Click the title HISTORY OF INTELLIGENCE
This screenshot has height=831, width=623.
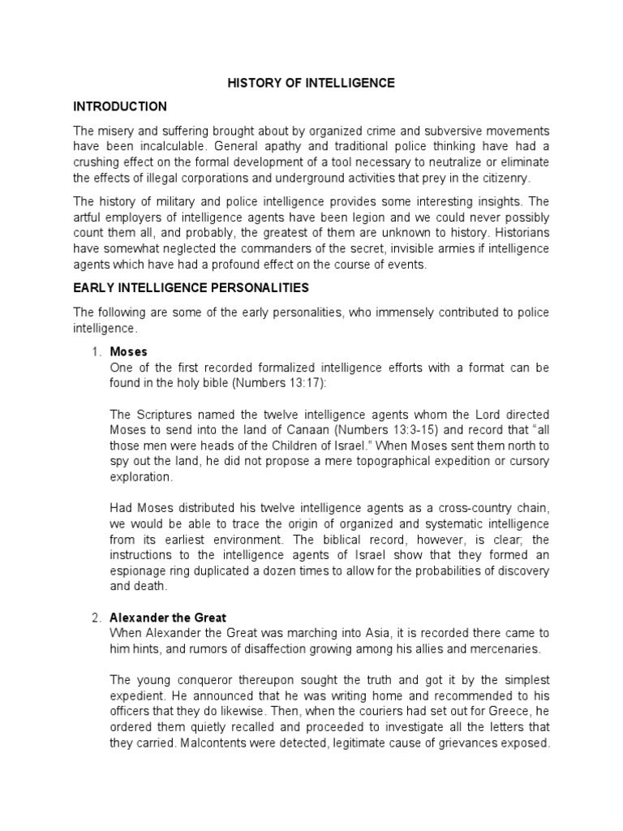311,83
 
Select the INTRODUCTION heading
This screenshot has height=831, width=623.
120,106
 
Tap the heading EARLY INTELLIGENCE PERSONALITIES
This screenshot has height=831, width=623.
191,288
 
